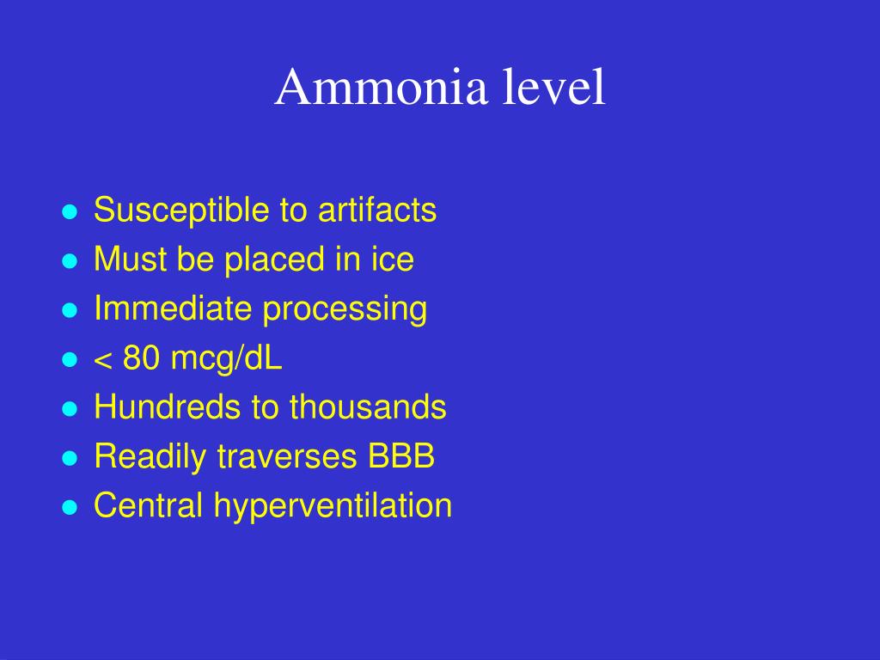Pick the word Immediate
pyautogui.click(x=173, y=309)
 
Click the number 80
pyautogui.click(x=141, y=358)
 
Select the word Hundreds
pyautogui.click(x=168, y=407)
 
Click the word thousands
pyautogui.click(x=368, y=407)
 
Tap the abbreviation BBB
pyautogui.click(x=401, y=456)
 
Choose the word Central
pyautogui.click(x=149, y=505)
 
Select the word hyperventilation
pyautogui.click(x=333, y=507)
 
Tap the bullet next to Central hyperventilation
pyautogui.click(x=70, y=508)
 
